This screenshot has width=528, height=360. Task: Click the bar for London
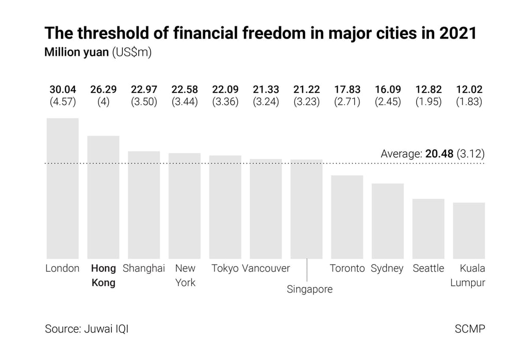click(x=62, y=188)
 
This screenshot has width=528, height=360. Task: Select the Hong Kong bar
click(x=103, y=197)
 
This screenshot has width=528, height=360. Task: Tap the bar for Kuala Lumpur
click(x=469, y=231)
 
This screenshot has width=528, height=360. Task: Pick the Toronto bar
click(x=346, y=217)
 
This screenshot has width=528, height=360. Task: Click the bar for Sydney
click(x=387, y=221)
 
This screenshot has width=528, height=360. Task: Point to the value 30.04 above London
click(x=62, y=90)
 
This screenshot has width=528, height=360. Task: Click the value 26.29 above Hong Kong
click(x=103, y=90)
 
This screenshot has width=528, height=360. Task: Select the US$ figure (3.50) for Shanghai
click(x=144, y=102)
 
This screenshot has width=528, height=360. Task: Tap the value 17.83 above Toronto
click(x=347, y=90)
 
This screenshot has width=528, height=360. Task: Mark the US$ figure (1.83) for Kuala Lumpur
click(x=469, y=102)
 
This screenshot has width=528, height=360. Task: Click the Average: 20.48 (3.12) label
click(x=432, y=154)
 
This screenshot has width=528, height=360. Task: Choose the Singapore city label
click(x=309, y=289)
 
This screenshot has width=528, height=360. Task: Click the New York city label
click(x=185, y=275)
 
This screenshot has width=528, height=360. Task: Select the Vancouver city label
click(x=266, y=268)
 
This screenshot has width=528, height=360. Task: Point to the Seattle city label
click(x=428, y=268)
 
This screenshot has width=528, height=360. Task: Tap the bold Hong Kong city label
click(x=103, y=275)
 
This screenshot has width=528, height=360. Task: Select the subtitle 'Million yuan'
click(x=76, y=53)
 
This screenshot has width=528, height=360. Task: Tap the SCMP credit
click(x=470, y=329)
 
